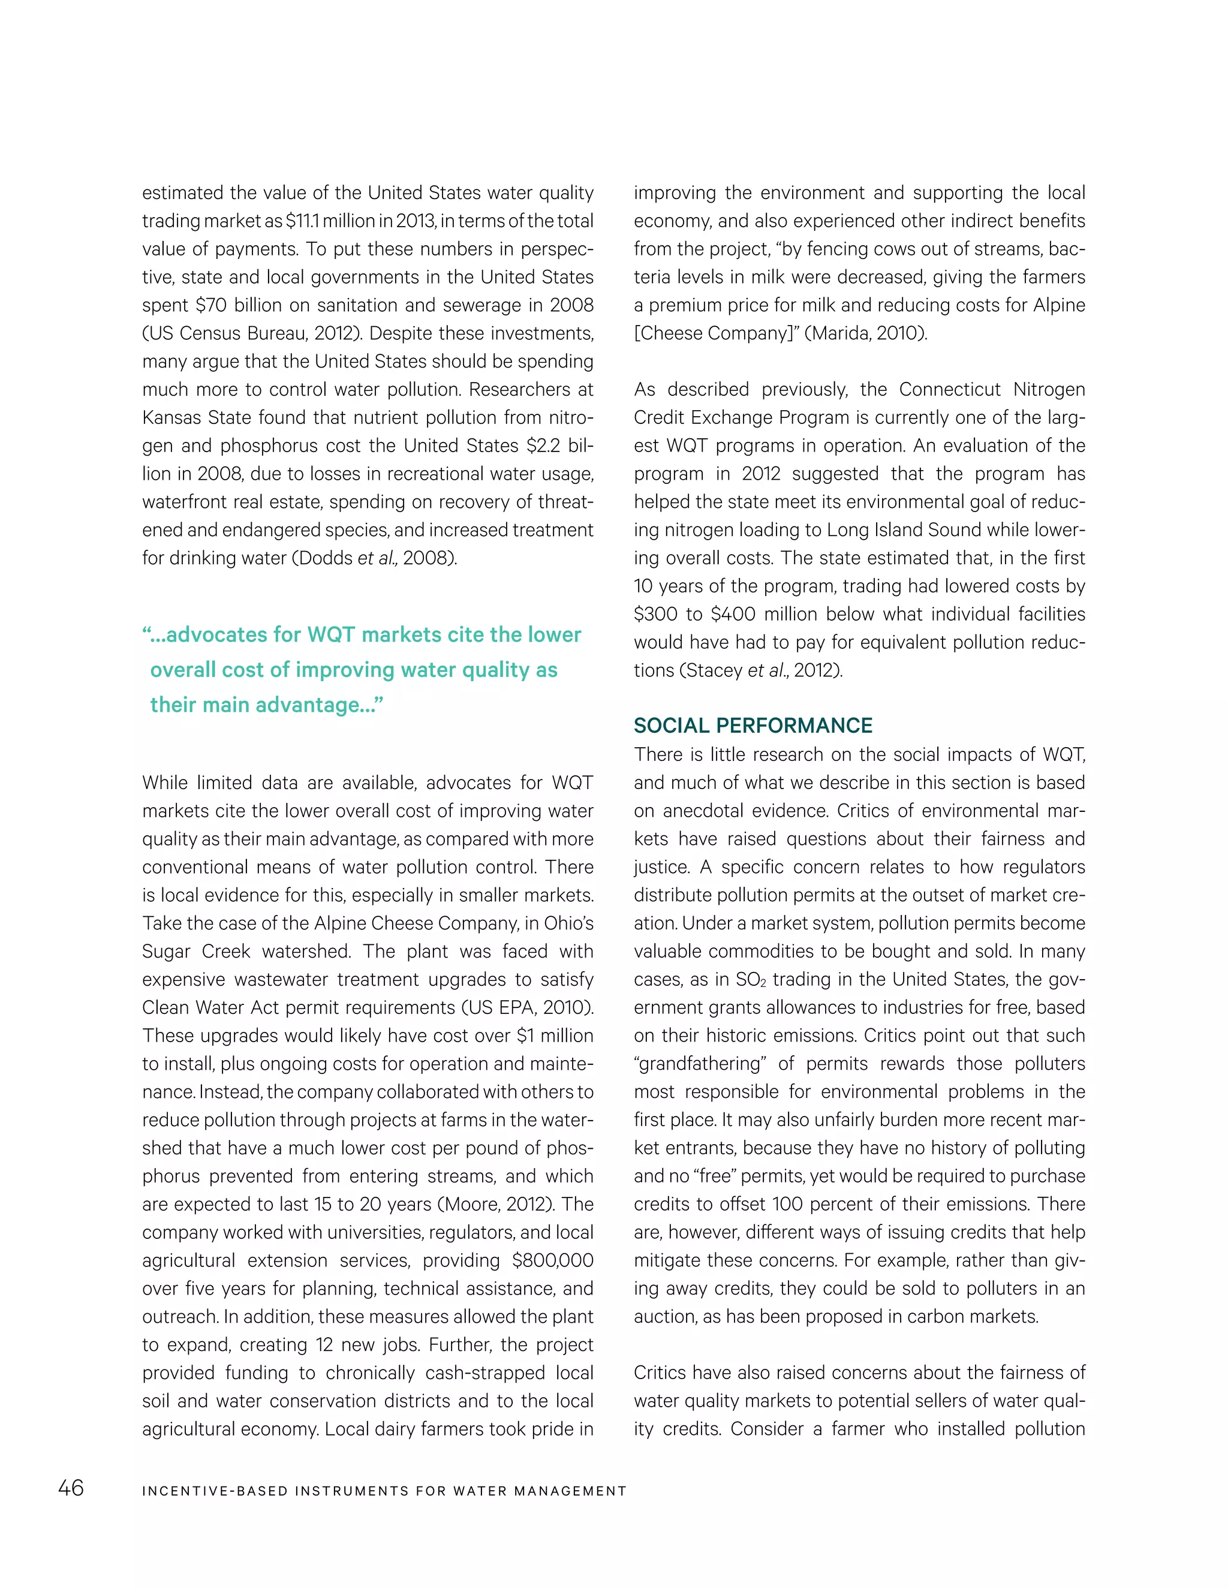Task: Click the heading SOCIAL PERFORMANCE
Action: [753, 726]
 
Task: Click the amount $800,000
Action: [552, 1261]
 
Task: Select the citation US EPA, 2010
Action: [526, 1009]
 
